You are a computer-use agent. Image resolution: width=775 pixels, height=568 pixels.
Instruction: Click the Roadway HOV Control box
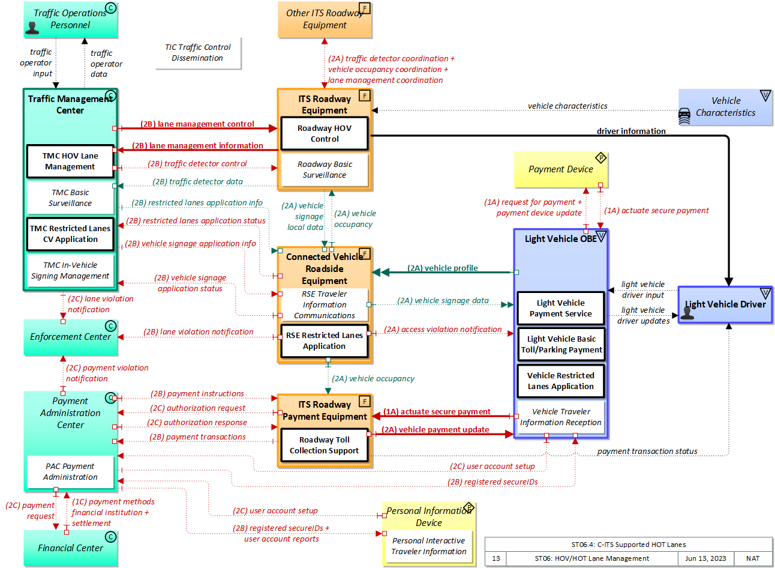point(325,134)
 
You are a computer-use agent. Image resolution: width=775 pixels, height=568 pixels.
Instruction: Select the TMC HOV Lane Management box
point(70,162)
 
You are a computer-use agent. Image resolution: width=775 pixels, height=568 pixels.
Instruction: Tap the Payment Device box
point(561,169)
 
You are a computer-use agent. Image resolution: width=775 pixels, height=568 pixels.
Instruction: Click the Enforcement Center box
point(70,337)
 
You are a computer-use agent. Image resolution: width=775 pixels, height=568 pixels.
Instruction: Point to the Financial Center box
point(70,548)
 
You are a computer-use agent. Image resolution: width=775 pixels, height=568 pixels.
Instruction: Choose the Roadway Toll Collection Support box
point(325,446)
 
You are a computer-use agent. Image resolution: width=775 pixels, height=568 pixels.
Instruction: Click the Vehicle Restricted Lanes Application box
point(561,381)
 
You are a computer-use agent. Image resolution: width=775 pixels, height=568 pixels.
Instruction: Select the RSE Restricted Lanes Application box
point(325,341)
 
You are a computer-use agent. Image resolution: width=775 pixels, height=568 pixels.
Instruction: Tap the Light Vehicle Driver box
point(725,304)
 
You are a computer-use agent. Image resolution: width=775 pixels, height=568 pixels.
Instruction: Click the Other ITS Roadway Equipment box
point(325,19)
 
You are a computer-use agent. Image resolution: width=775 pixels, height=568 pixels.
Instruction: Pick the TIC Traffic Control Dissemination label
point(198,53)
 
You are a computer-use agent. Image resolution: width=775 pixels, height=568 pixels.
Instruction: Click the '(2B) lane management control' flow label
point(197,124)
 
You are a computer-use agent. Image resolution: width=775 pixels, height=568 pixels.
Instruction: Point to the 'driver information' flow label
point(631,131)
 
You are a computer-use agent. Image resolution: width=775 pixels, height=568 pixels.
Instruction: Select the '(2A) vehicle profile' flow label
point(443,268)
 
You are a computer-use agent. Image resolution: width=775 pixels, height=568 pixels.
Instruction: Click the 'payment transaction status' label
point(647,452)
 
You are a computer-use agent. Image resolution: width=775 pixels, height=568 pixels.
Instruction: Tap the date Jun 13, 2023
point(705,558)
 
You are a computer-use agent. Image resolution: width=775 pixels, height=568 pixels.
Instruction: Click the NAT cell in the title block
point(753,558)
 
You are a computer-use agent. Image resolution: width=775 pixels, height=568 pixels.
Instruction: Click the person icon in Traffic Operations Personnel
point(33,27)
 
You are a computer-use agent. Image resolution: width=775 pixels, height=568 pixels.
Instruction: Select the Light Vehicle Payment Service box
point(561,309)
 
